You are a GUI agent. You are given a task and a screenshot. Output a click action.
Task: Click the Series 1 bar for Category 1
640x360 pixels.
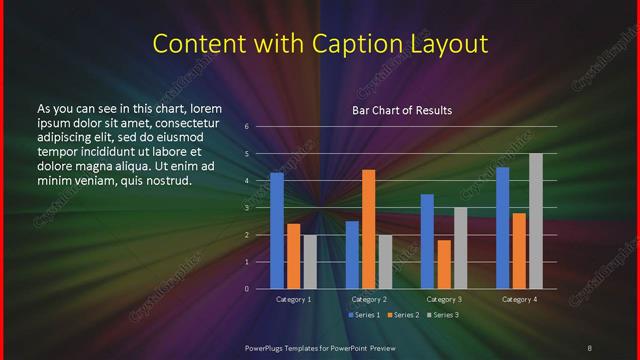coord(277,230)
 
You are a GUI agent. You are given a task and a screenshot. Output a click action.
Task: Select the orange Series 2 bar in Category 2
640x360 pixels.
coord(368,229)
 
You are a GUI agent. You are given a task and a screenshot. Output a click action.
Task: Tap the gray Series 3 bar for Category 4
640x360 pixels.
coord(536,221)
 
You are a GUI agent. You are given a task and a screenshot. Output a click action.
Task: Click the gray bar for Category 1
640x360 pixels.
coord(309,261)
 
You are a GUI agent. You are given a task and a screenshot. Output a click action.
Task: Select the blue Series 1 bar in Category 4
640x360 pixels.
coord(503,227)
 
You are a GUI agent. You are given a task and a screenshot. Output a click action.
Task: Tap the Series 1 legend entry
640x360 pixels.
coord(364,315)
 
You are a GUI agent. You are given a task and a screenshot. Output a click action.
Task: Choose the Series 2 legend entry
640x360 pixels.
coord(402,315)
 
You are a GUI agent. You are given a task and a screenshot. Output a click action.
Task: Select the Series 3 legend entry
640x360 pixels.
coord(441,315)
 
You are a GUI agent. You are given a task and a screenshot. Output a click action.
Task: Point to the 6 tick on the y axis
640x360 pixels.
coord(246,127)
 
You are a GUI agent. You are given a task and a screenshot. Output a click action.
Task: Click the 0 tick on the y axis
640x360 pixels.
coord(246,289)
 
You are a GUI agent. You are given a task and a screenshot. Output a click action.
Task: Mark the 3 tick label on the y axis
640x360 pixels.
coord(246,208)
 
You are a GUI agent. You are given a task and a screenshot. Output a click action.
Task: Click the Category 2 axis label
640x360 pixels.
coord(368,299)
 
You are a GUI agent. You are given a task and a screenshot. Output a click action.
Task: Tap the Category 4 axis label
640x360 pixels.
coord(519,299)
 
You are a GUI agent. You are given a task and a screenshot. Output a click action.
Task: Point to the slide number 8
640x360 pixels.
coord(590,347)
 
